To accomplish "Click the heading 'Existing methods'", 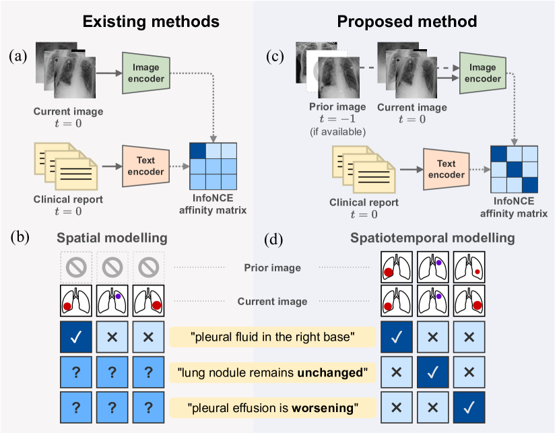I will (151, 22).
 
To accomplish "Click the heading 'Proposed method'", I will (407, 22).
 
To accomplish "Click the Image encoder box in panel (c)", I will (483, 73).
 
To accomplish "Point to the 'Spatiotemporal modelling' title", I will (433, 238).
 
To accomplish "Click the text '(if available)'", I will (337, 131).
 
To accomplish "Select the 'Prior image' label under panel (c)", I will (337, 106).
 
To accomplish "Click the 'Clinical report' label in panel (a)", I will (67, 200).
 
